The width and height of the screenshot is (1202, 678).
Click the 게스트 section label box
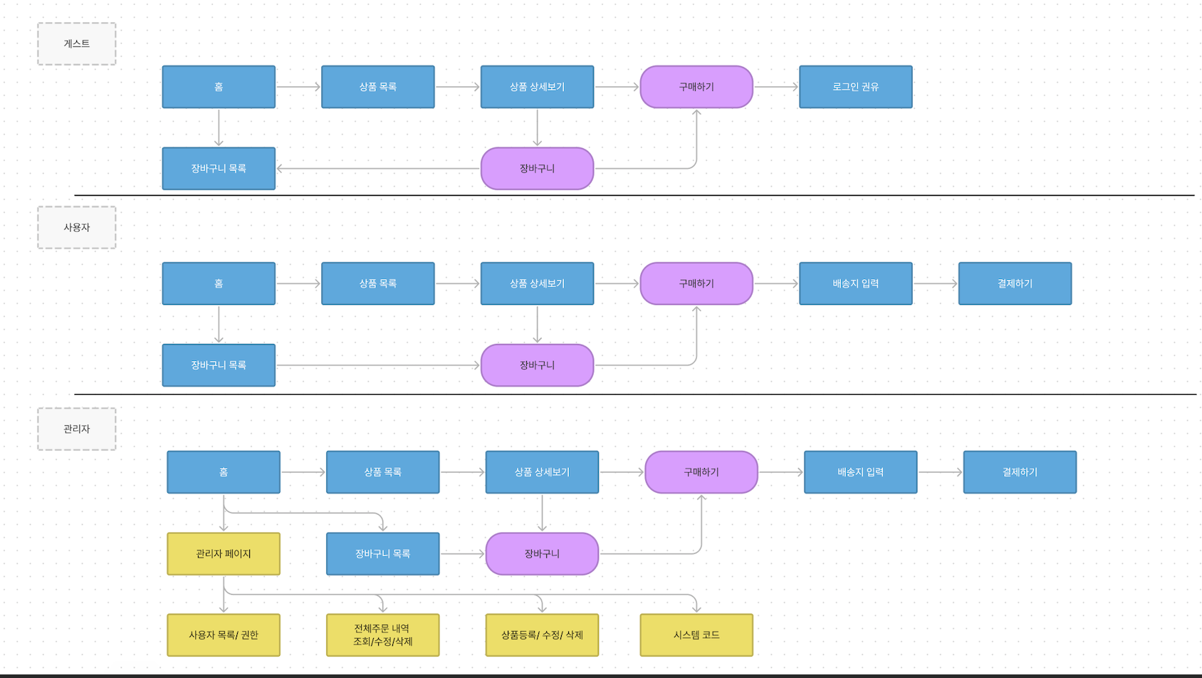77,44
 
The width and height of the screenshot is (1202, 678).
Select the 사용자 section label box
77,228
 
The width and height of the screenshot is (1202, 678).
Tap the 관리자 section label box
77,429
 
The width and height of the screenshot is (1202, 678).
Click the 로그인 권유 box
855,87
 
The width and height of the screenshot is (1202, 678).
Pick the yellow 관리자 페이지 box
224,553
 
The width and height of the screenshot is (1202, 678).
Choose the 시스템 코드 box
696,635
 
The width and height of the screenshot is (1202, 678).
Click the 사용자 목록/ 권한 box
224,635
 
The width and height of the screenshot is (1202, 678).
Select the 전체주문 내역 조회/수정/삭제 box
382,635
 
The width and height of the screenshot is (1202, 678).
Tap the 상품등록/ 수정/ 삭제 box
542,635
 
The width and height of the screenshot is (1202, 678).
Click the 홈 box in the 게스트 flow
219,87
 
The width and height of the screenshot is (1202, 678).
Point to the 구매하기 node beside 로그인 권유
696,87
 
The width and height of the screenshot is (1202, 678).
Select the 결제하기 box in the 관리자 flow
1020,472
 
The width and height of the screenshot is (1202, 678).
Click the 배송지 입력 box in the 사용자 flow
855,283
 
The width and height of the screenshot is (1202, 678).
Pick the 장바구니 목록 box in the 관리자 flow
382,553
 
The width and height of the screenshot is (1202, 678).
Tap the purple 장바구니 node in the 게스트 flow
537,169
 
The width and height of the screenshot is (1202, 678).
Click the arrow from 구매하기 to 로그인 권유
776,87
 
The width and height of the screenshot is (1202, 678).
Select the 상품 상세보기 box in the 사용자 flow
537,283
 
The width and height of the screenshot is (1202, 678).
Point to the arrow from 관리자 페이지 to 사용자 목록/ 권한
224,598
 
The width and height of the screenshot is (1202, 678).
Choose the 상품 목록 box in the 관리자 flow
382,472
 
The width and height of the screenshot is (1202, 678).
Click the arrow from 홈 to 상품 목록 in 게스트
298,87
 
